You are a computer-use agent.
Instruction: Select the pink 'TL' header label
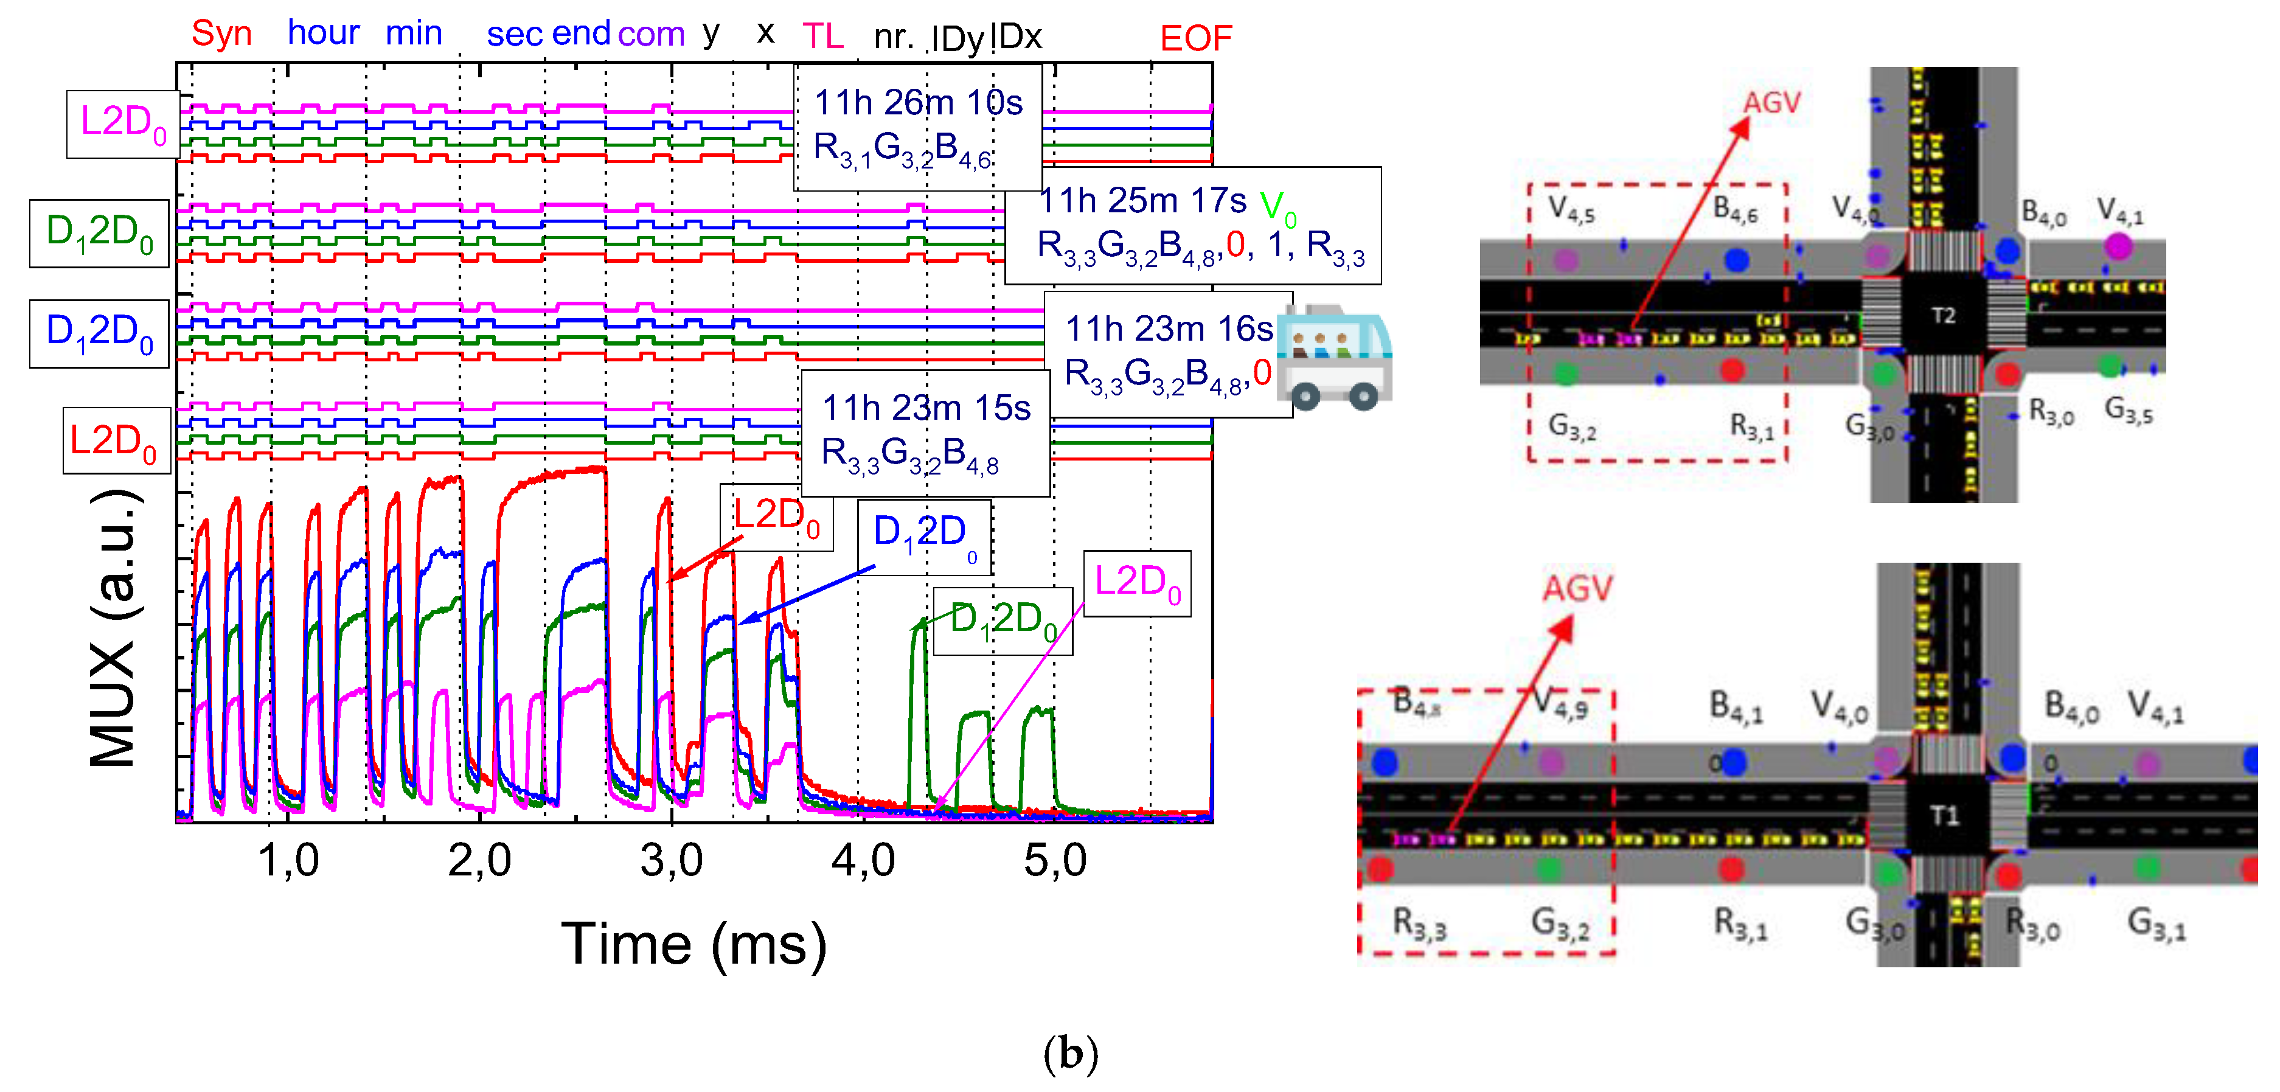[x=822, y=37]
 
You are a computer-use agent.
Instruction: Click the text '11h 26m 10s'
[x=918, y=103]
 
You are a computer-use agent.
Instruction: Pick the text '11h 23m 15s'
[x=926, y=408]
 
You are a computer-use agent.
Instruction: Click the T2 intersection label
[x=1943, y=316]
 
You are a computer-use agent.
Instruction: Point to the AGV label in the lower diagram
[x=1577, y=588]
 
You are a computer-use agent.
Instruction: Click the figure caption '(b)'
[x=1070, y=1053]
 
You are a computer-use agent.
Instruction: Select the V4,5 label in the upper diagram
[x=1571, y=210]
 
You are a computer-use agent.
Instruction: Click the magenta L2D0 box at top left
[x=123, y=124]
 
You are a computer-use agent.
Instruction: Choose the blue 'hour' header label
[x=323, y=33]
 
